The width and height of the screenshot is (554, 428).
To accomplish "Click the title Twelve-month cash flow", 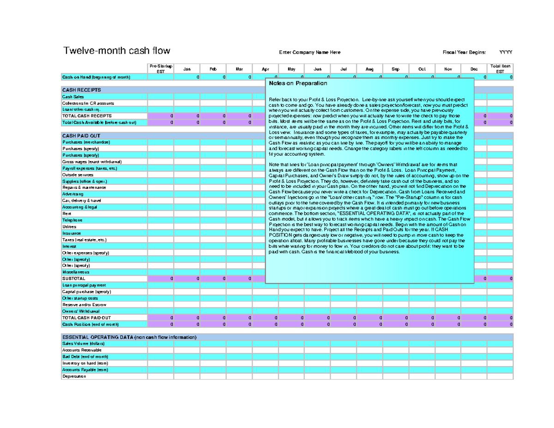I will click(116, 51).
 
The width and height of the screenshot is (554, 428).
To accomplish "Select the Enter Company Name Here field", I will click(310, 52).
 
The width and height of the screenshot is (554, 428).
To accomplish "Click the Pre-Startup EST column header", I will click(160, 69).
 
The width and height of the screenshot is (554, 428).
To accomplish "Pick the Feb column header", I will click(213, 69).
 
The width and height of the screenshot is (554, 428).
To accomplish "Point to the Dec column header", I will click(474, 69).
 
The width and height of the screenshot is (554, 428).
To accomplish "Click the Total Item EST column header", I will click(500, 69).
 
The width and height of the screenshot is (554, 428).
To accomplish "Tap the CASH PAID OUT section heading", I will click(81, 136).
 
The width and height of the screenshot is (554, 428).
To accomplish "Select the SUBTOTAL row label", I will click(74, 279).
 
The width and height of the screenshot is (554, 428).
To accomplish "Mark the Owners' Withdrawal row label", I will click(78, 311).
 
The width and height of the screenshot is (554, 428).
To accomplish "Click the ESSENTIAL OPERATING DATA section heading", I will click(129, 338).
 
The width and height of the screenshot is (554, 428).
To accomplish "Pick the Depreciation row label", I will click(74, 376).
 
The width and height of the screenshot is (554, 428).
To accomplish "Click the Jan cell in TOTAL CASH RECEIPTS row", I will click(187, 116).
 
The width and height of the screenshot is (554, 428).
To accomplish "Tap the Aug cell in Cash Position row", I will click(369, 324).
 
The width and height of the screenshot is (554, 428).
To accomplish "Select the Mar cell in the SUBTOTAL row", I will click(239, 279).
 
